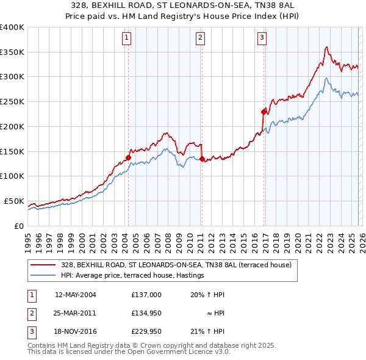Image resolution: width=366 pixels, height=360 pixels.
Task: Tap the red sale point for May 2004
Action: click(x=128, y=157)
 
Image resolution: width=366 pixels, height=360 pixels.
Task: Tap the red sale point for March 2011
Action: click(x=202, y=159)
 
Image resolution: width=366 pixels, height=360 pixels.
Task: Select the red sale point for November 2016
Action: click(x=264, y=112)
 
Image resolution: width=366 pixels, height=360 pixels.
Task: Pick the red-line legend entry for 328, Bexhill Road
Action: click(x=176, y=265)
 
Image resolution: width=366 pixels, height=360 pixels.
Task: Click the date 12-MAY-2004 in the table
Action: click(x=75, y=295)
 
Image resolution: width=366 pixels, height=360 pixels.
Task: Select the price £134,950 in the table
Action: click(x=146, y=313)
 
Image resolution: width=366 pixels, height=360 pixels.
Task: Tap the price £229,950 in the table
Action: click(x=146, y=331)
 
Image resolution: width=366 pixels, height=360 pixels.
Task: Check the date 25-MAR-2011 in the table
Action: click(x=75, y=313)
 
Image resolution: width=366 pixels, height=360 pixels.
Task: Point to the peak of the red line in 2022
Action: click(x=327, y=47)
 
